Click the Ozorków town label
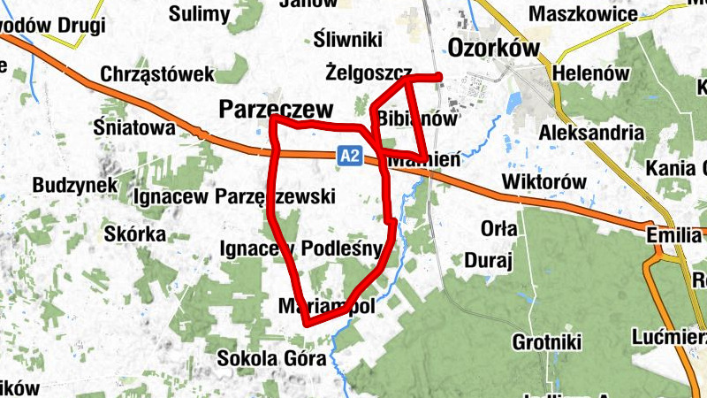494,48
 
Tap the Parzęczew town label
277,109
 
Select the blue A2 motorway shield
350,156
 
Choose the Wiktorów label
544,181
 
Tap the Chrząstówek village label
157,74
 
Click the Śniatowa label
134,127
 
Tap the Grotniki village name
545,341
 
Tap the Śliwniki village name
347,39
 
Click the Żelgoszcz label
369,70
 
